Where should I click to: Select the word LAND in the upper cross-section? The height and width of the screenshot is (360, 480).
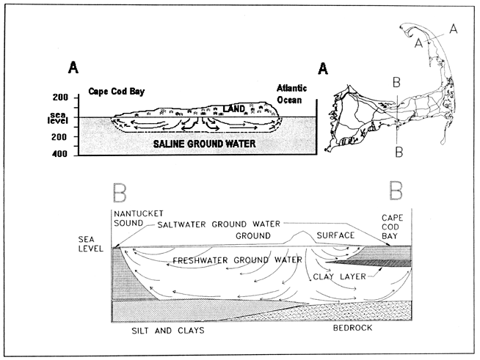(x=234, y=108)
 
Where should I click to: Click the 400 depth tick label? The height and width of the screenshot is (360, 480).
(x=59, y=154)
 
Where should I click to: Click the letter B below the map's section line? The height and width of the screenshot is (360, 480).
(x=397, y=152)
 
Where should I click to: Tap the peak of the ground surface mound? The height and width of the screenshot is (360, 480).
(x=299, y=234)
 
